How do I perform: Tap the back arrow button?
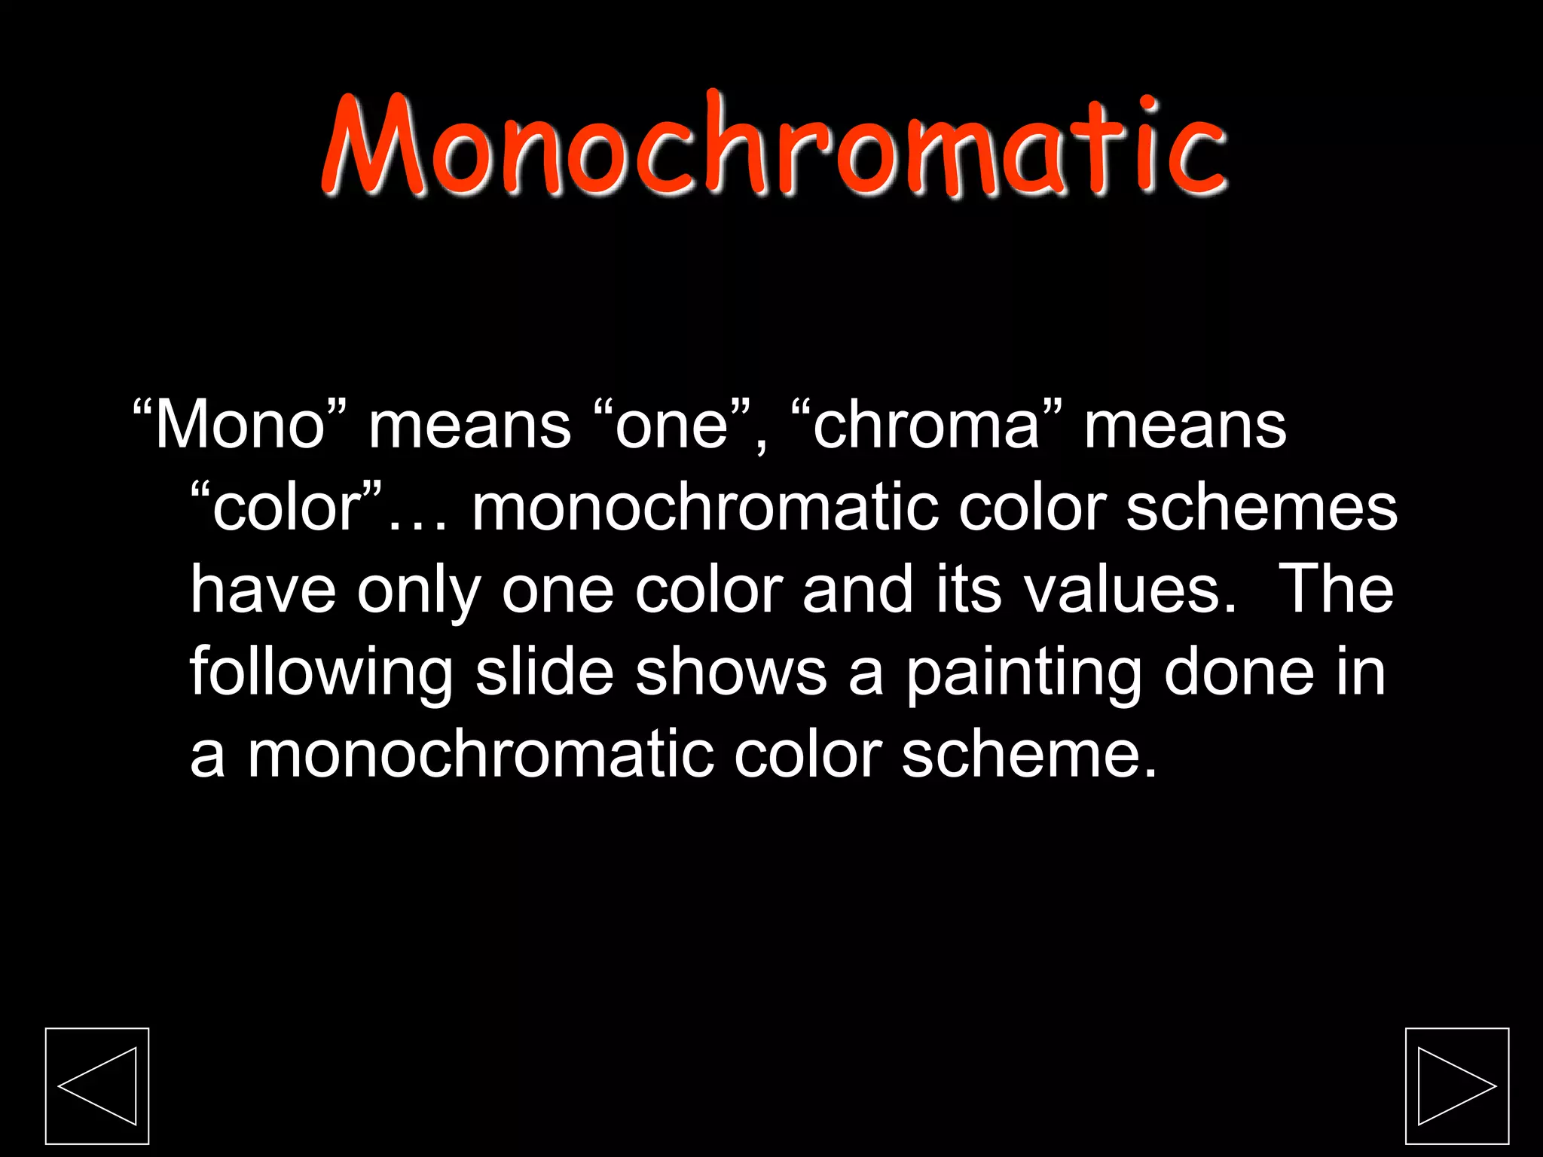click(97, 1085)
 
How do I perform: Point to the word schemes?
click(1261, 508)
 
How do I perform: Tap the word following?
click(321, 673)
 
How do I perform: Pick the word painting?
click(1024, 673)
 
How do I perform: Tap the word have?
click(263, 590)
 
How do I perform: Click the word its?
click(969, 590)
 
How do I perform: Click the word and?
click(858, 590)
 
